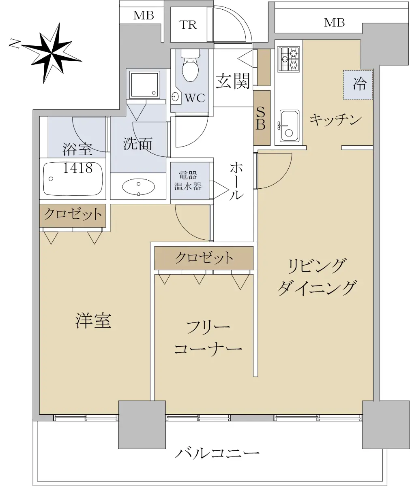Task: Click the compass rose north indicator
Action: pos(51,53)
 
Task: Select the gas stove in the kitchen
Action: pos(288,59)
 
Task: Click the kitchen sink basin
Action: pos(289,126)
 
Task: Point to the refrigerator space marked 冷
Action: pos(358,85)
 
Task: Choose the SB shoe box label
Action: pos(261,119)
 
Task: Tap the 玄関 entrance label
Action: pos(233,81)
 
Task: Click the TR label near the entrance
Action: pos(188,25)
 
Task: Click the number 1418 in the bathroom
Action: pos(77,168)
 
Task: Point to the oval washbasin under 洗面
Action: pos(138,186)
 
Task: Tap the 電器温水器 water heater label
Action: pos(188,181)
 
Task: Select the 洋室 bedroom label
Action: pos(93,321)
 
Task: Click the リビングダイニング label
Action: pos(317,277)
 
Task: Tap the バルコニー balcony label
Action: pos(217,453)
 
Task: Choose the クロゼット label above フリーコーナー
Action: pos(204,258)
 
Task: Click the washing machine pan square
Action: pos(145,85)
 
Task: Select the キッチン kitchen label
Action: pos(336,119)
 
